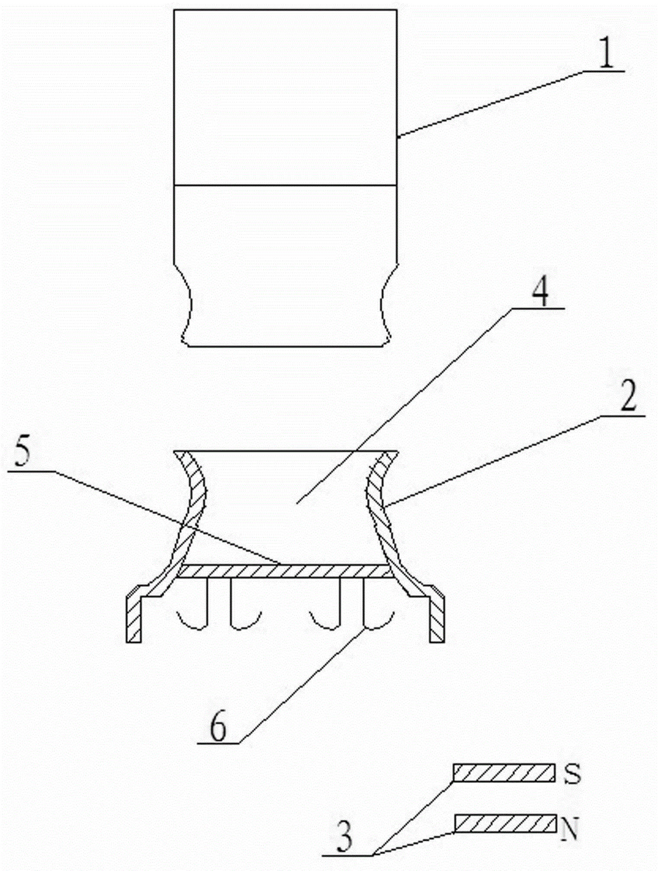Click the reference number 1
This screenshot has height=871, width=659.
pyautogui.click(x=606, y=53)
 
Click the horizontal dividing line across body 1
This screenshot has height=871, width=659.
pyautogui.click(x=285, y=186)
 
